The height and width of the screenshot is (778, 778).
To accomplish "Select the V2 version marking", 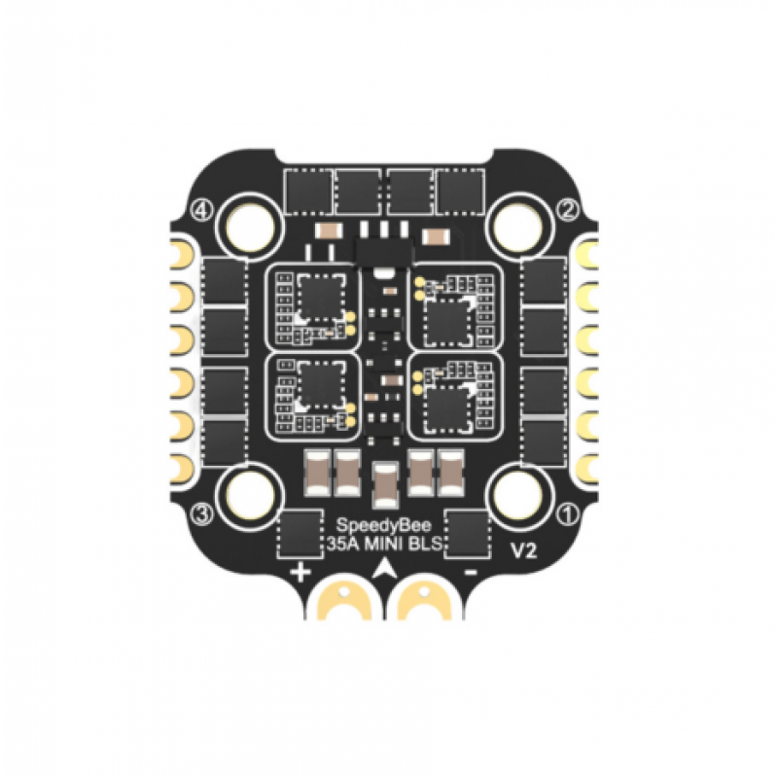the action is coord(523,551).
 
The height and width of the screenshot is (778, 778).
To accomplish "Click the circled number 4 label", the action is coord(202,211).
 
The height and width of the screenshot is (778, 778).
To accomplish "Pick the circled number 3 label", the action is coord(202,515).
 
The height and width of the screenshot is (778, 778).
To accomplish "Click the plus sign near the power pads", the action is coord(301,573).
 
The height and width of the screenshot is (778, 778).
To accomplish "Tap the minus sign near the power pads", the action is coord(470,573).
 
